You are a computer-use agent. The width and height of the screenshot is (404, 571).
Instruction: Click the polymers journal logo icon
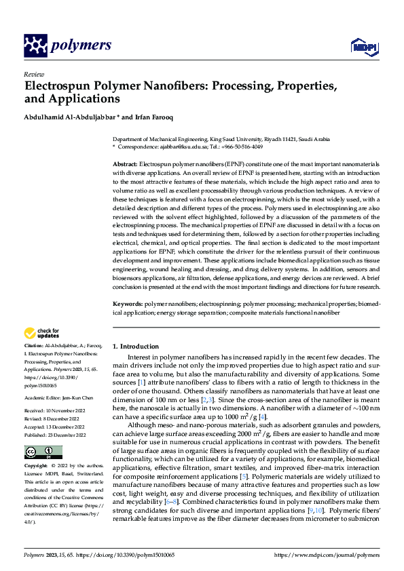(35, 45)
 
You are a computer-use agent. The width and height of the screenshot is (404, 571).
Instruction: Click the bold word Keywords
(128, 306)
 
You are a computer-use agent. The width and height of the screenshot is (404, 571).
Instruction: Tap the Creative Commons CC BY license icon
(43, 452)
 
